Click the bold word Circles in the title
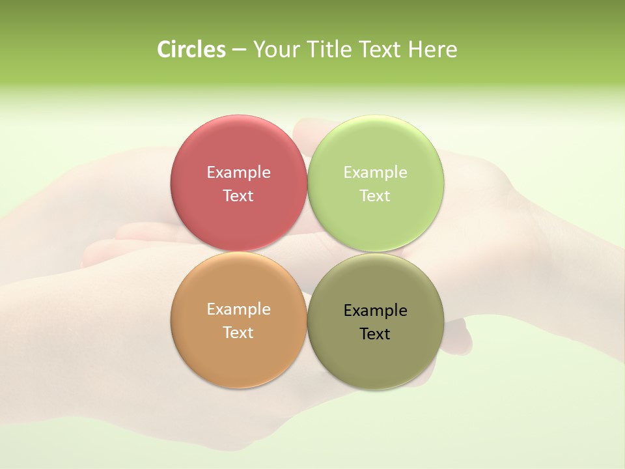(x=191, y=50)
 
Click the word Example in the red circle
(x=238, y=172)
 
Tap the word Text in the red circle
(x=238, y=195)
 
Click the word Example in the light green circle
(x=376, y=172)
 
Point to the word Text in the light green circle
(x=376, y=195)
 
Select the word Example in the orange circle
(x=238, y=309)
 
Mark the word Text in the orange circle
(x=238, y=332)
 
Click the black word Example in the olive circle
(x=376, y=310)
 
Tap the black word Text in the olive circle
(x=376, y=334)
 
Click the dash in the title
(x=239, y=50)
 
